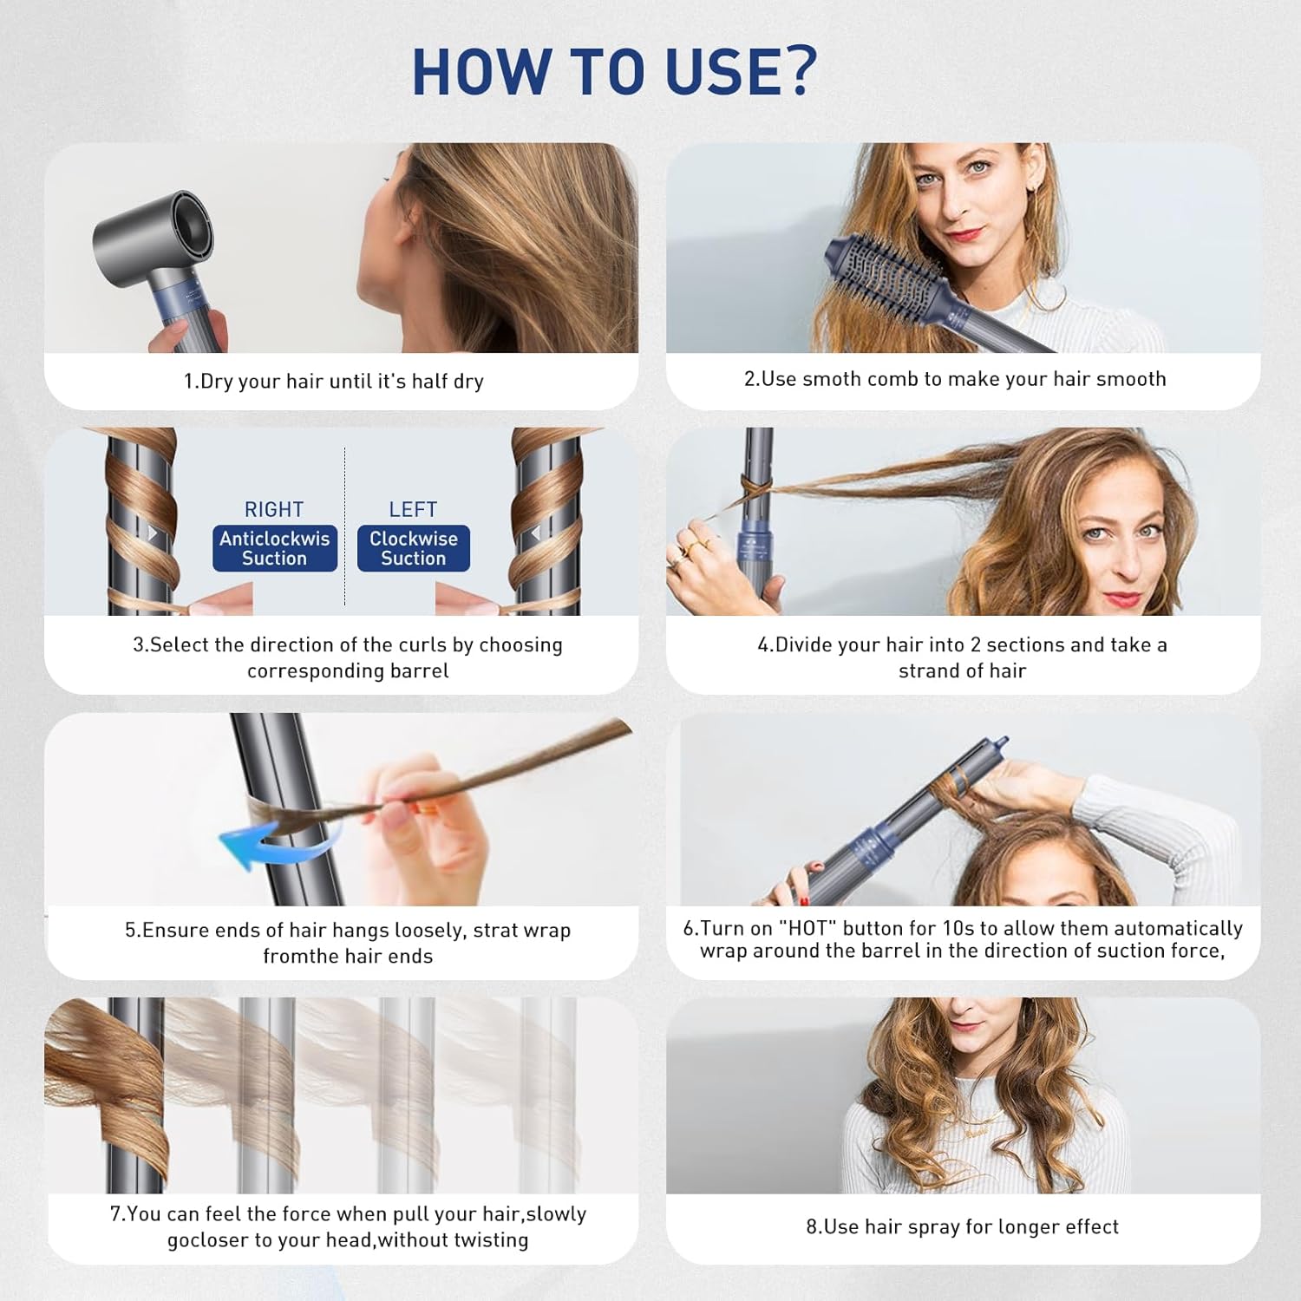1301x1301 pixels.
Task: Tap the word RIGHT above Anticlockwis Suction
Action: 274,509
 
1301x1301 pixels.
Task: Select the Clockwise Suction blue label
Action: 414,548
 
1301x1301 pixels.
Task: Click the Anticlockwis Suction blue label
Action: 275,548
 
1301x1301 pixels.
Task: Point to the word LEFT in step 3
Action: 413,509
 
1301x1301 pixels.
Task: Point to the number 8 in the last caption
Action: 812,1226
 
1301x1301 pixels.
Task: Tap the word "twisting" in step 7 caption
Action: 489,1240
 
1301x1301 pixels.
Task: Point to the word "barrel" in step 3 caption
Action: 420,670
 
